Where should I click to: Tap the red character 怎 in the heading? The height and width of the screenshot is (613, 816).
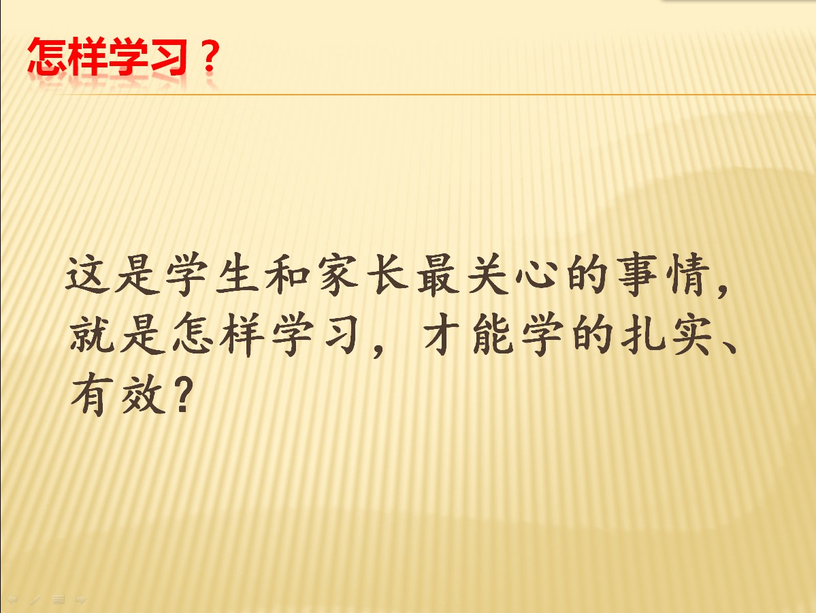[47, 57]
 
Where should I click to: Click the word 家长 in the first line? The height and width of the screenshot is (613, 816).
[363, 274]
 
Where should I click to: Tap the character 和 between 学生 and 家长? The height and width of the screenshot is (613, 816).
[287, 274]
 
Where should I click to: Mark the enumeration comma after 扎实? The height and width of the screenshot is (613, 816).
[729, 346]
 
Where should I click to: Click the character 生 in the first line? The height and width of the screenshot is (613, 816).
[238, 274]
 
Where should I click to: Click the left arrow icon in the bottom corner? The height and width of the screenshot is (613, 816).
[12, 599]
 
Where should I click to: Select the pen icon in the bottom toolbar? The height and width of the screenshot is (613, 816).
[35, 599]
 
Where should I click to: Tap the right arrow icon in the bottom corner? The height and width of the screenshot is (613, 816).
[81, 599]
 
